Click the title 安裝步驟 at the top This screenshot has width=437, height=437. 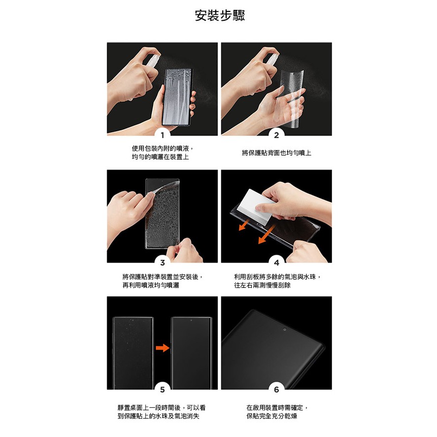220,15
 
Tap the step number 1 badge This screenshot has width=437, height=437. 162,135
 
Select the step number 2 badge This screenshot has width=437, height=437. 277,135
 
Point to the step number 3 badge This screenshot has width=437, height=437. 162,262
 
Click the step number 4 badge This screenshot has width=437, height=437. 277,262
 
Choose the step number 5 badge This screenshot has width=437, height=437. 162,389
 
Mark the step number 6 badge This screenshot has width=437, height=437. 277,389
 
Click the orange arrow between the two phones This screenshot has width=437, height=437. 162,348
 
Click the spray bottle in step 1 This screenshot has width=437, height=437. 153,59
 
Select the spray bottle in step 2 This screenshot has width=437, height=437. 268,59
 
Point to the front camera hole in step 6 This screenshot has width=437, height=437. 284,329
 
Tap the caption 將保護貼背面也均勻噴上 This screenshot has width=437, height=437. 277,153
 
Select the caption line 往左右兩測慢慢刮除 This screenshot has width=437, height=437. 262,285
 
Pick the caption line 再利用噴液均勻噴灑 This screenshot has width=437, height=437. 151,285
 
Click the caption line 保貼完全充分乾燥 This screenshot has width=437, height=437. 272,416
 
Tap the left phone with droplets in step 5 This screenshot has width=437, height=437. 133,353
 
